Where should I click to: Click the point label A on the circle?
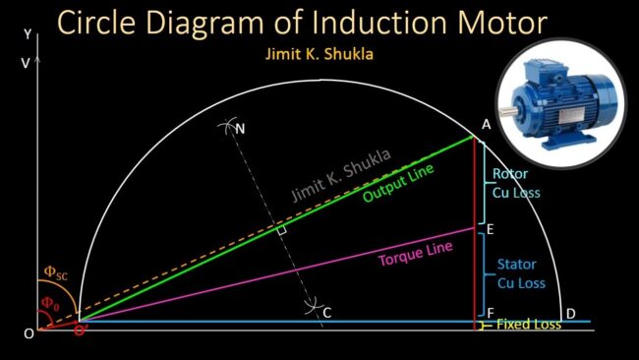click(486, 124)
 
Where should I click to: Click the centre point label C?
click(327, 313)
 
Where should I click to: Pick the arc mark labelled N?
click(241, 128)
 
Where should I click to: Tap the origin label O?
click(29, 333)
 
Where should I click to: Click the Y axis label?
click(27, 32)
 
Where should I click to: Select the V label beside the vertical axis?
click(25, 62)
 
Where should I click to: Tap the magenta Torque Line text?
click(416, 255)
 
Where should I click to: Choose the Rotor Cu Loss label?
click(516, 183)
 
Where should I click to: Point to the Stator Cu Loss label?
click(520, 273)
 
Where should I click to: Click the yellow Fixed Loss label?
click(528, 324)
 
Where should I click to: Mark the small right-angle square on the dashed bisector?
click(281, 230)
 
